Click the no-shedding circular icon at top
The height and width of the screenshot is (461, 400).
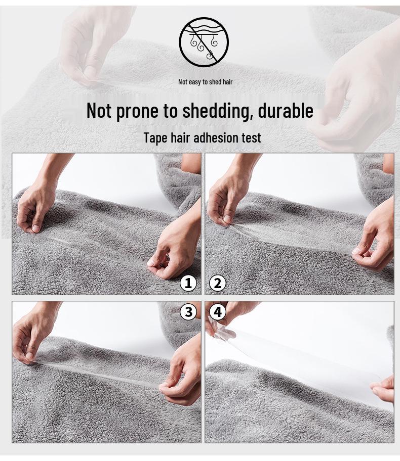[x=204, y=42]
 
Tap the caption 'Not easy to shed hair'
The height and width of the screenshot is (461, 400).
[x=205, y=82]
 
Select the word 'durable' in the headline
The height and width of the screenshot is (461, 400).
[x=286, y=110]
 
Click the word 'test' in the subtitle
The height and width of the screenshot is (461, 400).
[x=250, y=137]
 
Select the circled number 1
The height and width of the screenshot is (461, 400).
[x=188, y=284]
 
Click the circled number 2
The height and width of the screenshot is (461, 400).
[x=218, y=284]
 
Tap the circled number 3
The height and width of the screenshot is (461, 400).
[x=188, y=312]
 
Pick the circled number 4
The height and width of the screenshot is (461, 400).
[x=218, y=312]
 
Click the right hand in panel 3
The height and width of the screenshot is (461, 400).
[x=183, y=374]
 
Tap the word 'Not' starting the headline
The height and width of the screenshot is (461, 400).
[x=99, y=110]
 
